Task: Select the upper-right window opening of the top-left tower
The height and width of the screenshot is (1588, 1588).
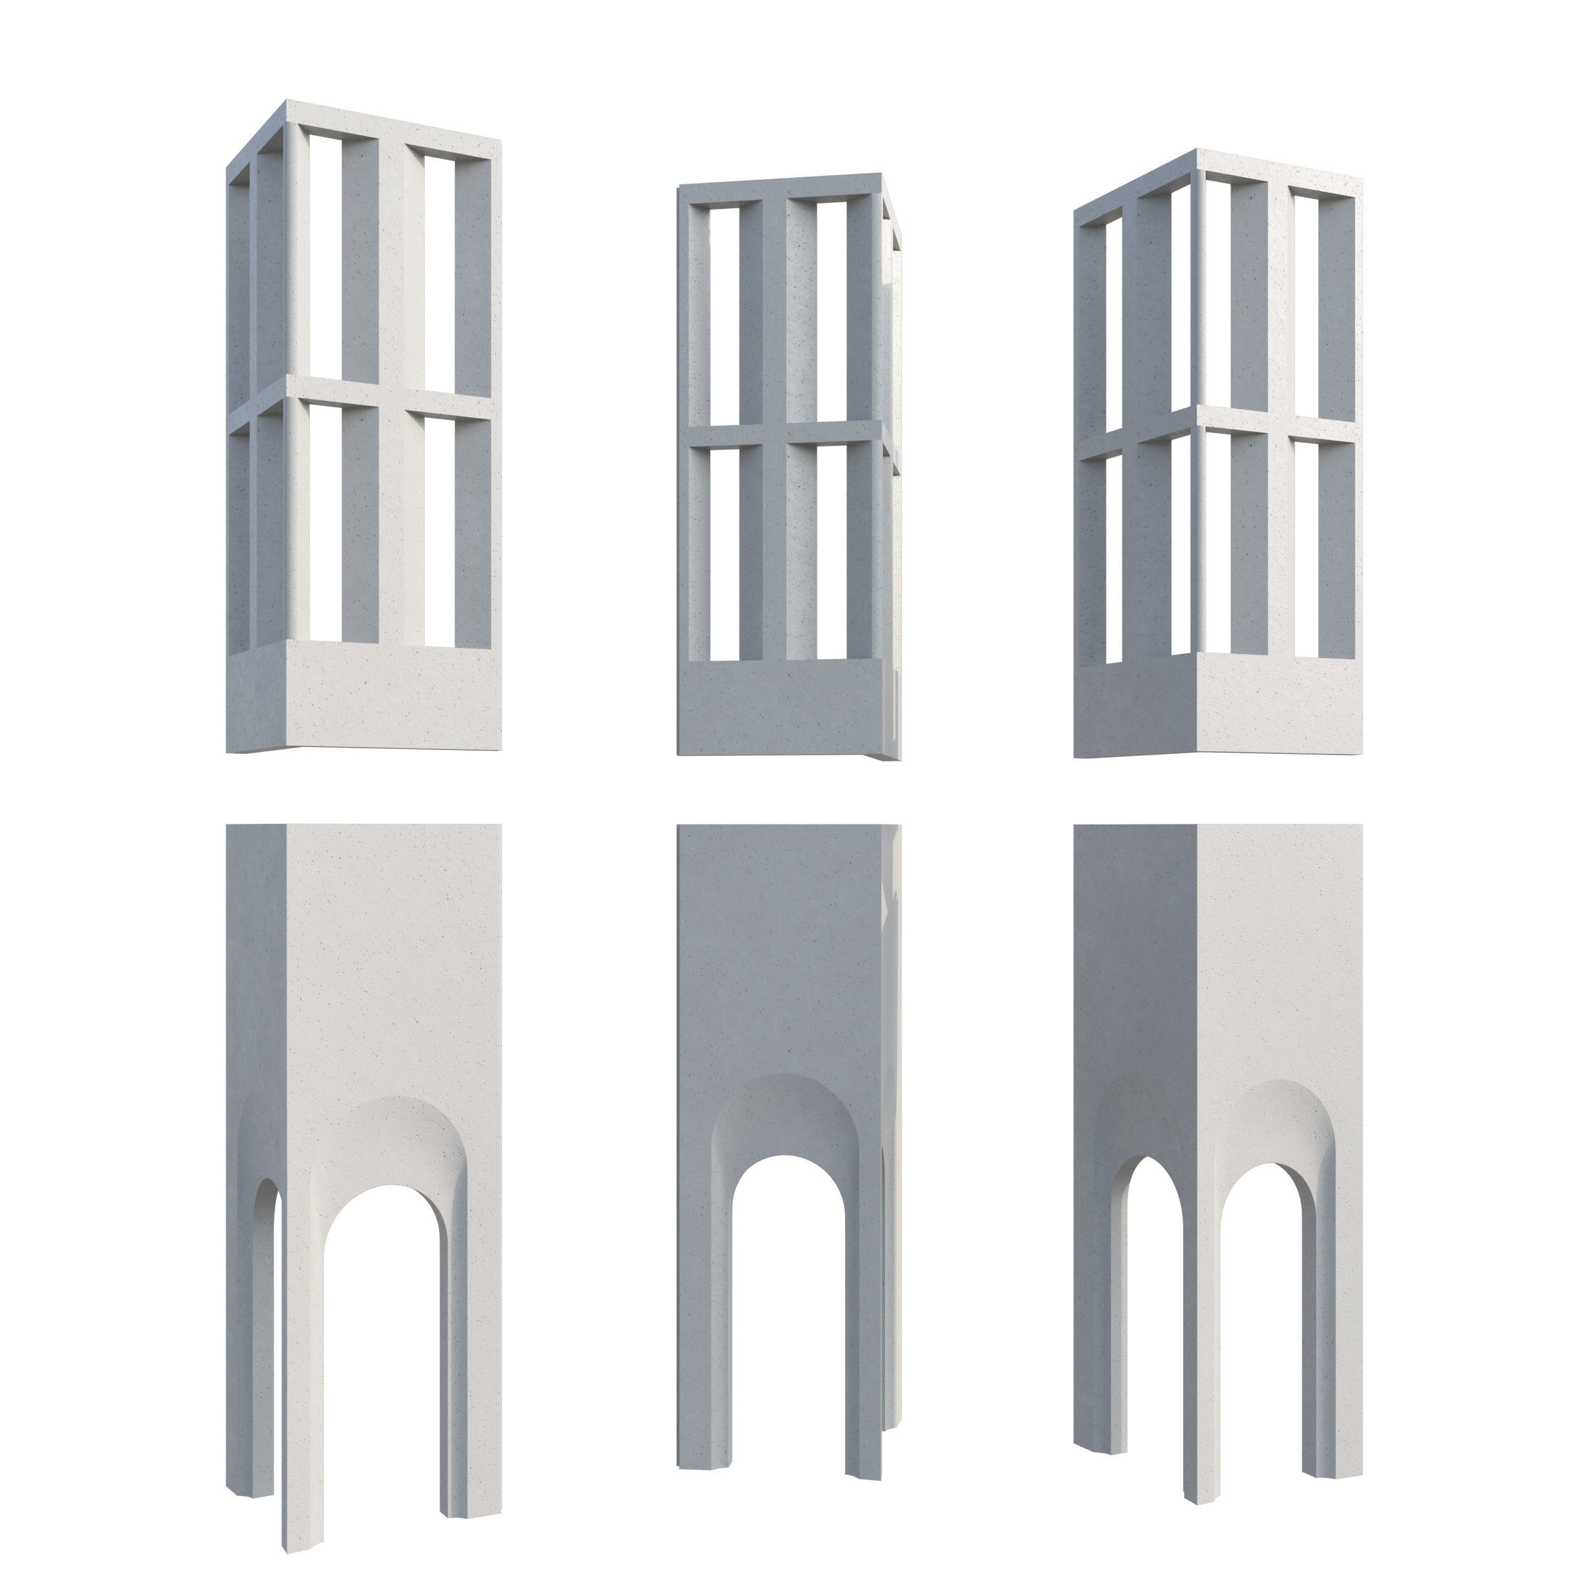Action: tap(440, 271)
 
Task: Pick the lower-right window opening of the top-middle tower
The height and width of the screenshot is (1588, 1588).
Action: tap(832, 551)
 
